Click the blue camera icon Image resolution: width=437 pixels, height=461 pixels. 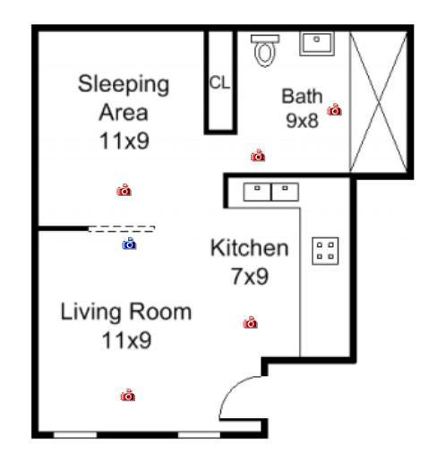(129, 243)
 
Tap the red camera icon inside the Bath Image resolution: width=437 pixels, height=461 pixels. (334, 109)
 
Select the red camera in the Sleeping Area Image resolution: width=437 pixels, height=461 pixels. (124, 190)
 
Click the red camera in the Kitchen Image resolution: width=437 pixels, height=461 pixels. (250, 322)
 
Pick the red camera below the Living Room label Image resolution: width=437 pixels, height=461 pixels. (128, 395)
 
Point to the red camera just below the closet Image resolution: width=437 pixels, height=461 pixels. (258, 156)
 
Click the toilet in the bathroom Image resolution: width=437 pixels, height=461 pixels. (265, 50)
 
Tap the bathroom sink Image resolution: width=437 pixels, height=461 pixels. (317, 44)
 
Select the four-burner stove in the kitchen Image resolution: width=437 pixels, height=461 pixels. (325, 251)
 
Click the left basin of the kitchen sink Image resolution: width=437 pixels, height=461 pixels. (257, 192)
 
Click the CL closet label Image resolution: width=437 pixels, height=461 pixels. (220, 82)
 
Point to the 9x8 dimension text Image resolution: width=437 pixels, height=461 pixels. (302, 121)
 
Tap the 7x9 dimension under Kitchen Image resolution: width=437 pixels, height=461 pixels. (250, 277)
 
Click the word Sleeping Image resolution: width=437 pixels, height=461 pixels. (124, 85)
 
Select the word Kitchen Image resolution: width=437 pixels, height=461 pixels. (250, 248)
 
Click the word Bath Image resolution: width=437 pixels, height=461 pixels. (302, 96)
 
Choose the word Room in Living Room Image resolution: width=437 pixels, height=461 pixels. (160, 312)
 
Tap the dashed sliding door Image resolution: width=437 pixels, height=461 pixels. (121, 229)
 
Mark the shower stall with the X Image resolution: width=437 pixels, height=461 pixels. (378, 101)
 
